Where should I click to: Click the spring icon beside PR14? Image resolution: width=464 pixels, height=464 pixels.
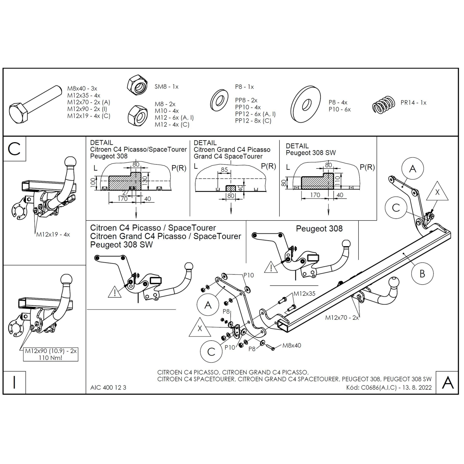tap(383, 105)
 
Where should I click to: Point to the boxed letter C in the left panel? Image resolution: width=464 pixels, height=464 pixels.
tap(14, 149)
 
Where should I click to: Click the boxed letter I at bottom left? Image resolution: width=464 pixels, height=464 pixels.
tap(14, 382)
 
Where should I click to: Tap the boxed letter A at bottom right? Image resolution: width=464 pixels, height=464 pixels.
tap(447, 382)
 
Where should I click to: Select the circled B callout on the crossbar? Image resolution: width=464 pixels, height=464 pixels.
tap(422, 274)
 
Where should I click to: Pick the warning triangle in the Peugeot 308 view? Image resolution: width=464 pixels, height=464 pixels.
tap(271, 267)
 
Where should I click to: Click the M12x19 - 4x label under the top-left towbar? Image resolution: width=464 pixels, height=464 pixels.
tap(53, 235)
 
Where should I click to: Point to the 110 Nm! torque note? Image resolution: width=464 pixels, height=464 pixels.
tap(50, 358)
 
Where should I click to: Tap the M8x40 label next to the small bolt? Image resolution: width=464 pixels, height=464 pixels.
tap(292, 345)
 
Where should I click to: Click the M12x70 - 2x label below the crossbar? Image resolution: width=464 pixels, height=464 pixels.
tap(342, 318)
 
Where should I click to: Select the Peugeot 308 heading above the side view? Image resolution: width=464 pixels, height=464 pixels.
tap(319, 229)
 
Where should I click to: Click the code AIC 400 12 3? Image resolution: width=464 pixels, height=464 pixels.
tap(108, 387)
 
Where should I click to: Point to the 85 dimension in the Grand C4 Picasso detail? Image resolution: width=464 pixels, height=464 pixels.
tap(224, 170)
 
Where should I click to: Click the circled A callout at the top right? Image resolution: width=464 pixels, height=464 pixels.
tap(412, 169)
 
